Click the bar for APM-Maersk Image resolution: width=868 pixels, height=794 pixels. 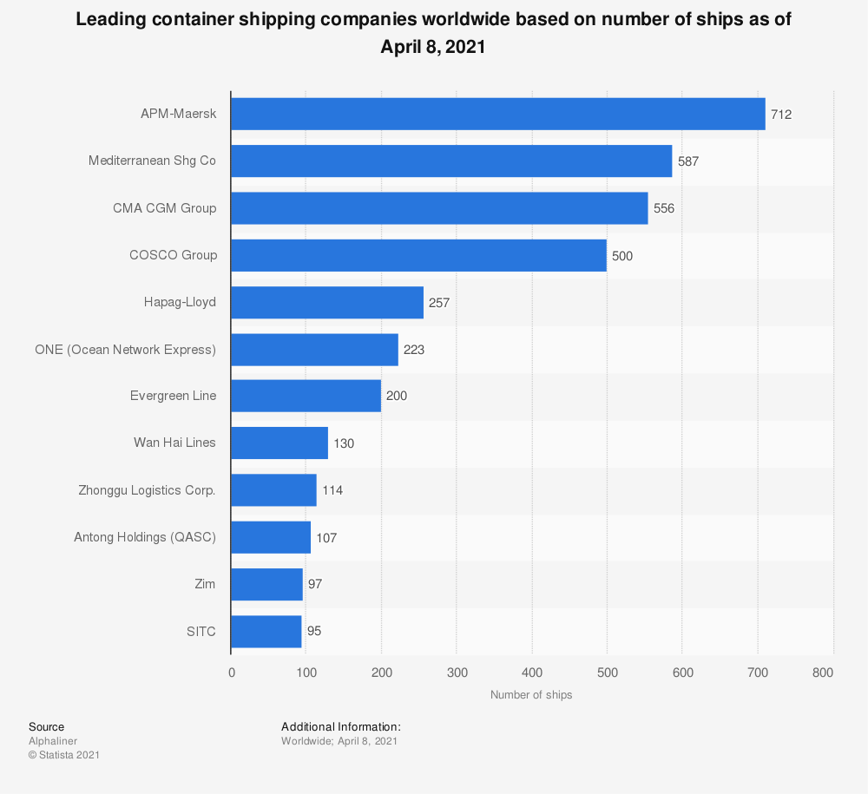tap(497, 114)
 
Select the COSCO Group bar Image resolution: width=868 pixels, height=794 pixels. tap(418, 255)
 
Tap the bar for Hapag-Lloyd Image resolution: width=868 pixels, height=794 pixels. tap(326, 302)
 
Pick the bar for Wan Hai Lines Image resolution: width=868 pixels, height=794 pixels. tap(279, 443)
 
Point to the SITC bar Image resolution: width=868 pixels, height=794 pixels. tap(266, 631)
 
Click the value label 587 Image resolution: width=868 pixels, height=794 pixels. tap(688, 161)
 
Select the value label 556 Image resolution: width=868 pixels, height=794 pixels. tap(664, 208)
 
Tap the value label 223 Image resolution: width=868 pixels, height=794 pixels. tap(414, 350)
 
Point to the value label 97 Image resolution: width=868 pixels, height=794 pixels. tap(315, 584)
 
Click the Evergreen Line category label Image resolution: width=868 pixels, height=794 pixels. tap(173, 396)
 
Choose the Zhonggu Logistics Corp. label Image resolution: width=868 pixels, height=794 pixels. tap(147, 490)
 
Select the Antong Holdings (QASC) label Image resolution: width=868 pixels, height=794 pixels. tap(145, 537)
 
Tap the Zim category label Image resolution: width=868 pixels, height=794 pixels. tap(205, 584)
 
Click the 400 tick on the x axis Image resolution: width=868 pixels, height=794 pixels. tap(532, 673)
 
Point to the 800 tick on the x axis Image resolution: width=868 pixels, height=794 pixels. tap(823, 673)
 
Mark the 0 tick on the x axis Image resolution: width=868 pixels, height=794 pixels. tap(232, 673)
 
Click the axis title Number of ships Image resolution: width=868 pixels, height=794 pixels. tap(531, 695)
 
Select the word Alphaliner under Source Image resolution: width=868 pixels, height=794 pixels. tap(53, 741)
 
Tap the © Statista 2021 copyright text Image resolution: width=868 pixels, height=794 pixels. tap(64, 755)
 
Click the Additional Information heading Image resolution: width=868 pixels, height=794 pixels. tap(341, 726)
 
